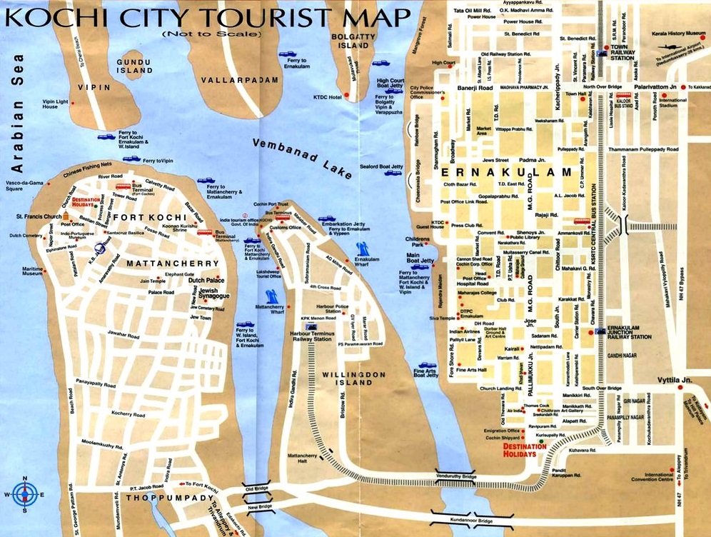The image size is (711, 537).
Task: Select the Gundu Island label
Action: tap(134, 67)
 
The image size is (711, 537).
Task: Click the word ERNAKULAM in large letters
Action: tap(508, 173)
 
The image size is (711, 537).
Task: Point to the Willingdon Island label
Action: tap(354, 378)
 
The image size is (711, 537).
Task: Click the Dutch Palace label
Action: tap(206, 281)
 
